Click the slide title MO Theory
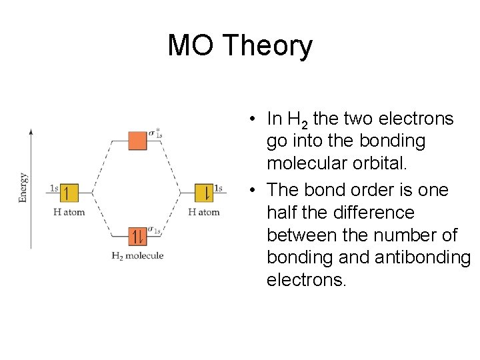click(x=240, y=45)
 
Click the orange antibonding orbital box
click(x=138, y=140)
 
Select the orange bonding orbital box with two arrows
click(x=138, y=237)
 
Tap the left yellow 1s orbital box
click(x=69, y=193)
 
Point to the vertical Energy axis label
click(x=23, y=187)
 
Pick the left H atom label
click(x=69, y=212)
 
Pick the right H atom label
click(x=204, y=212)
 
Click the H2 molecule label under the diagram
click(x=137, y=255)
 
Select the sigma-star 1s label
click(x=155, y=134)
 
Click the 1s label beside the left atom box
click(x=55, y=188)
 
